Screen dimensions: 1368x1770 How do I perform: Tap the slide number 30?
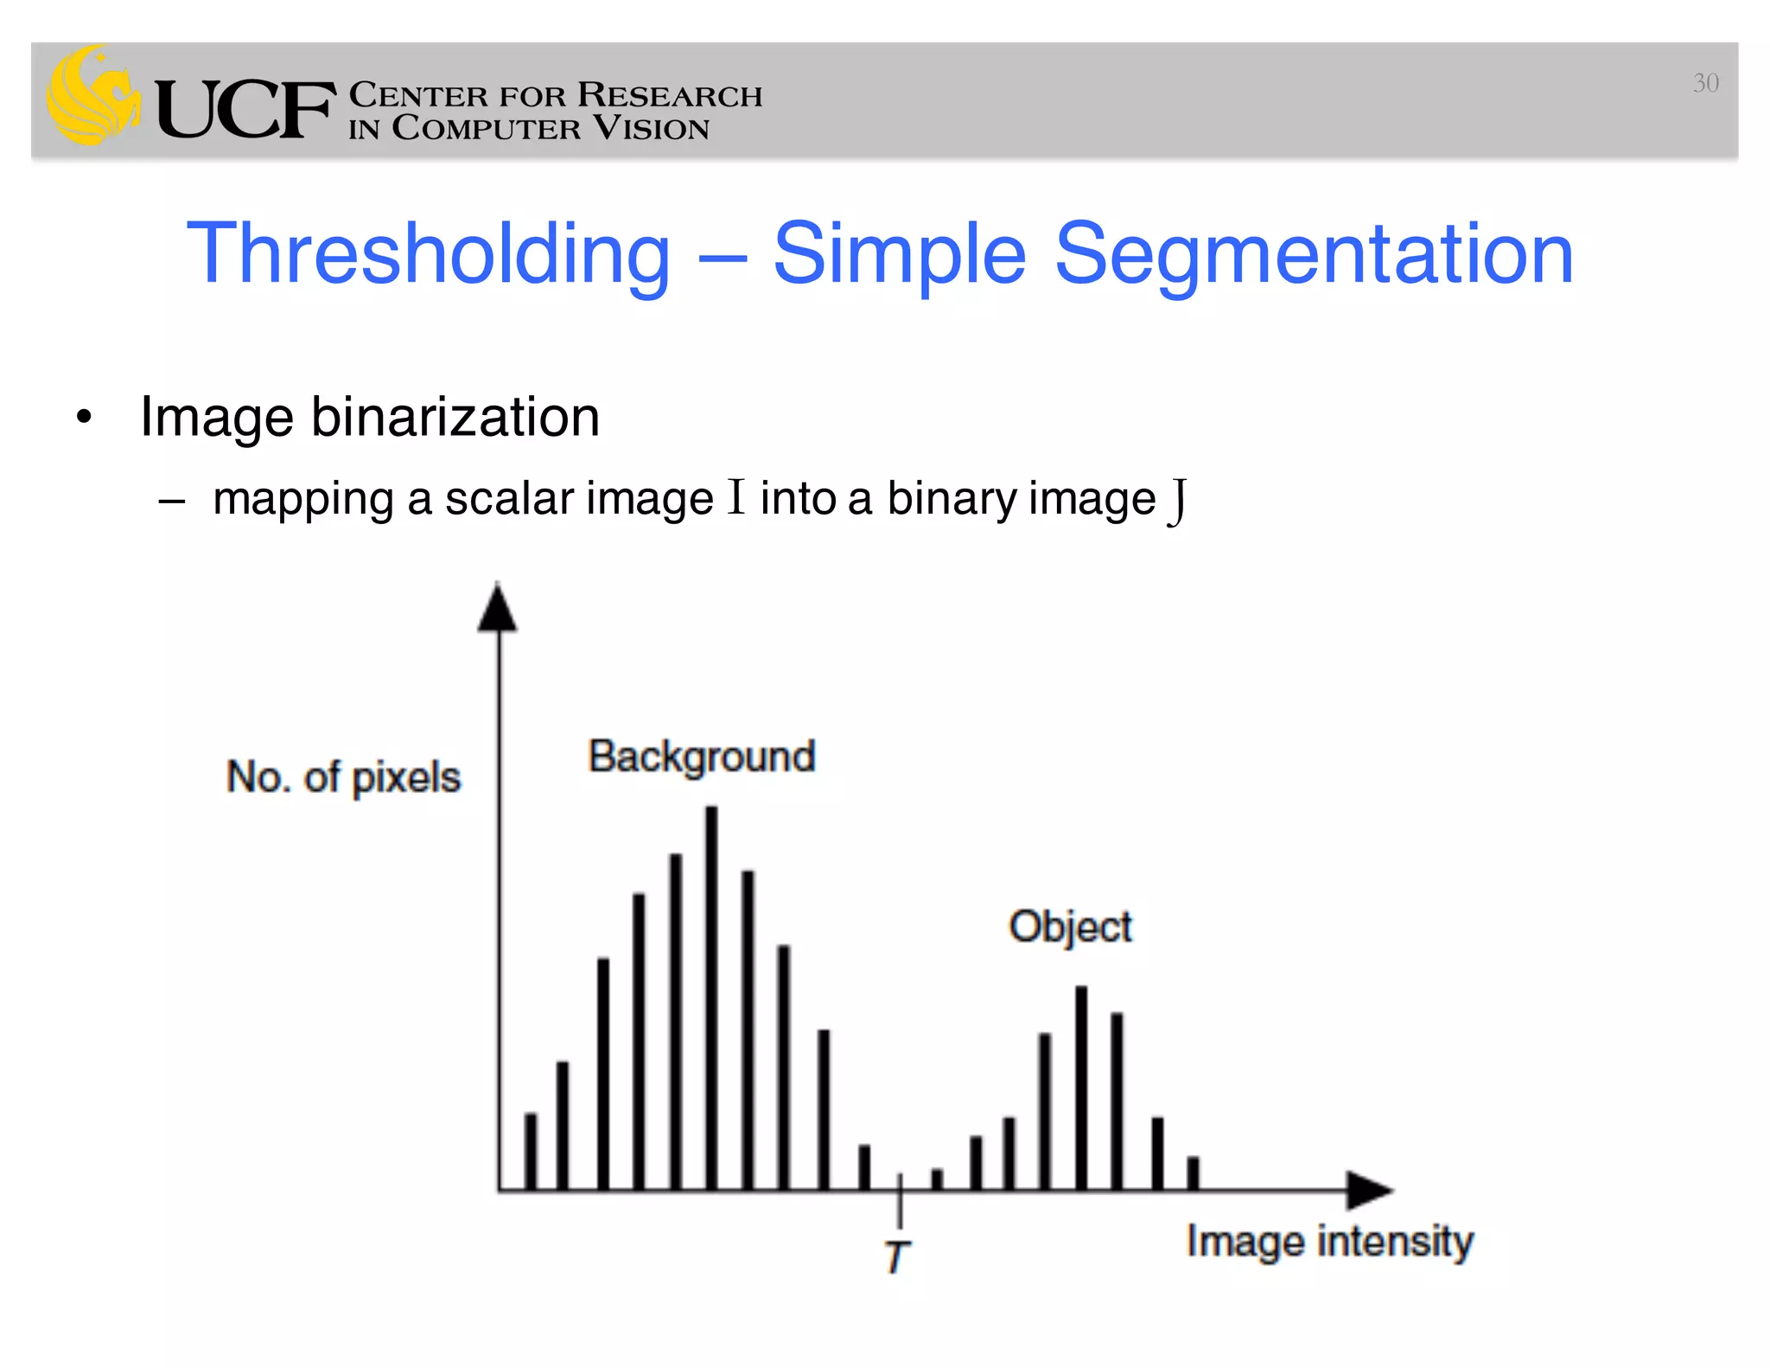pos(1705,83)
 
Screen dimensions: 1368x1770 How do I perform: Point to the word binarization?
pos(455,417)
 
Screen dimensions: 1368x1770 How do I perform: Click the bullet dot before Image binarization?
pos(84,419)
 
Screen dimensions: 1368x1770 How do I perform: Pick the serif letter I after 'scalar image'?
pos(735,497)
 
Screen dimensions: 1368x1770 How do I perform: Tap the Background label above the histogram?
pos(702,758)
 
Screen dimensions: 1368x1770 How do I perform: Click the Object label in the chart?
pos(1070,927)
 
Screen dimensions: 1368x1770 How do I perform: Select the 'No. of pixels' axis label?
pos(343,777)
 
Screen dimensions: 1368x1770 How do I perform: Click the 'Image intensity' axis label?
pos(1329,1242)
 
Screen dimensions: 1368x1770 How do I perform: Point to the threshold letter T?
pos(897,1256)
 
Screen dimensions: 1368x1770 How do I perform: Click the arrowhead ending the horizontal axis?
pos(1369,1191)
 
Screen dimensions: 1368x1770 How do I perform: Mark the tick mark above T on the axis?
pos(900,1198)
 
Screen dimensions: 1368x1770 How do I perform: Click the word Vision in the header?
pos(652,129)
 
